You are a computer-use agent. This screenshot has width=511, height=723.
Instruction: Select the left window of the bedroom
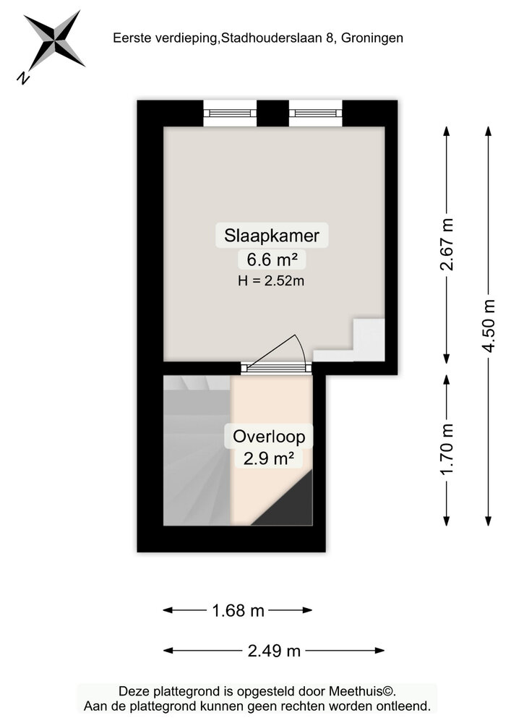(x=229, y=112)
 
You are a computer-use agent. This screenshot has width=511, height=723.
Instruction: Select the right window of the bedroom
(x=315, y=112)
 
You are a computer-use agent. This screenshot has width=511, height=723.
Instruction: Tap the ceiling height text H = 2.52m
(x=271, y=281)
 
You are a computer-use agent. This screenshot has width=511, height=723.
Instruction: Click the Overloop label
(x=268, y=437)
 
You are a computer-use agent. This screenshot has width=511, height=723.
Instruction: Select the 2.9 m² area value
(x=268, y=458)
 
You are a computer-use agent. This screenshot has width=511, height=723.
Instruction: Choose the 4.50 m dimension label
(x=489, y=325)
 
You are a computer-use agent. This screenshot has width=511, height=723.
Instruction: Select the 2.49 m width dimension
(x=274, y=651)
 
